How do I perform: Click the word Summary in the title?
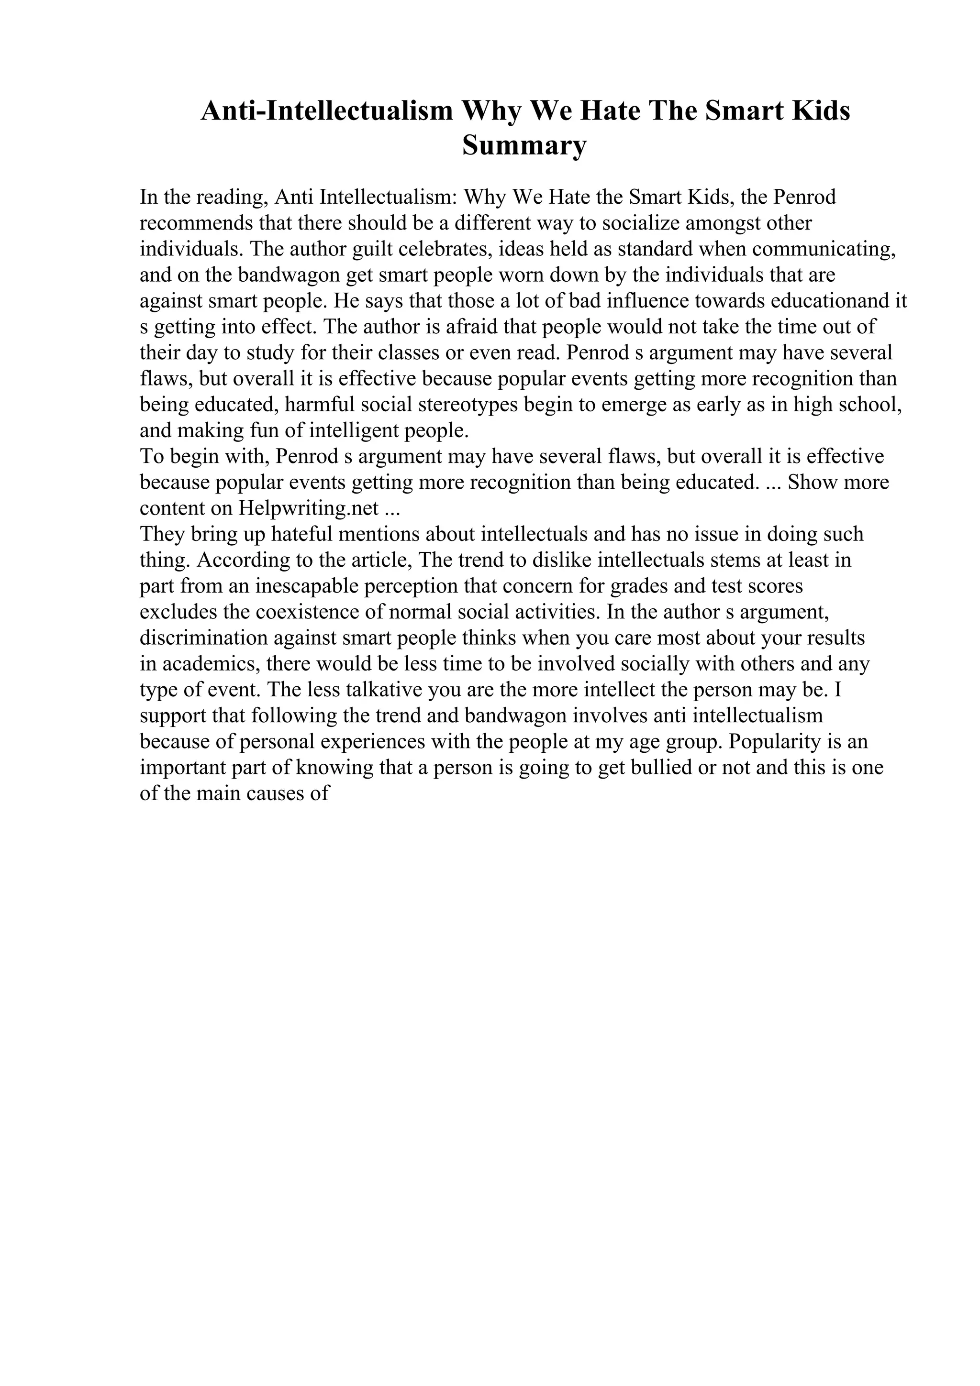tap(524, 146)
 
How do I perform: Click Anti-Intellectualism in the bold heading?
tap(327, 111)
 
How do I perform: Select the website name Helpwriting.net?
tap(309, 508)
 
